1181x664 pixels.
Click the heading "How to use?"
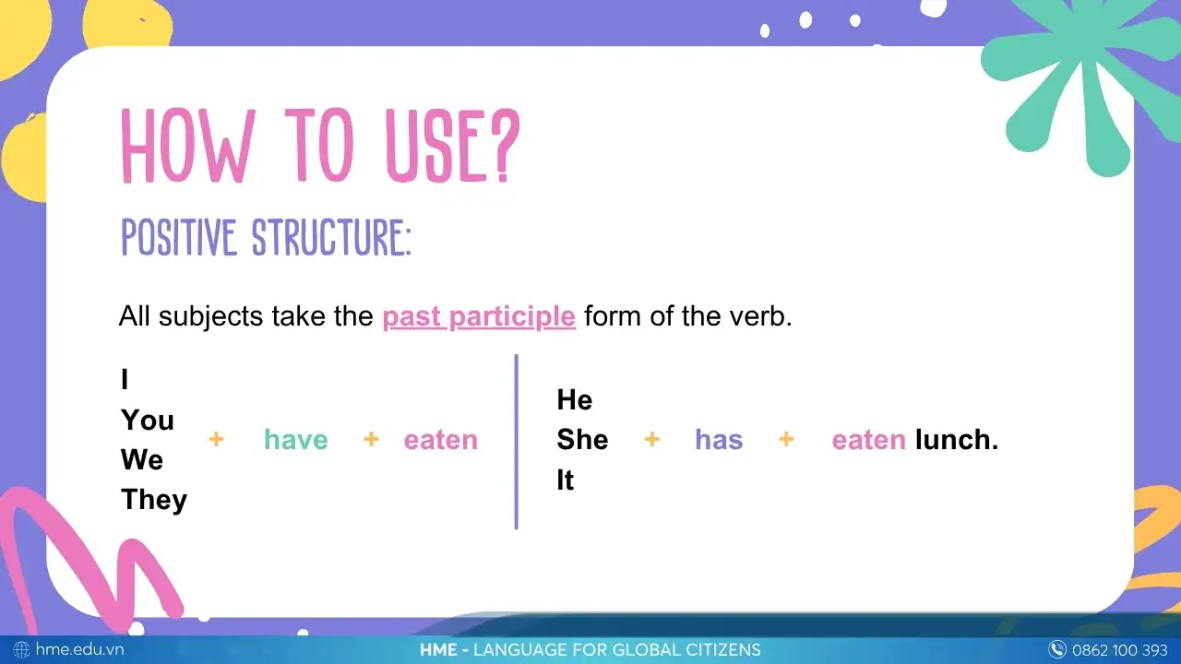(321, 146)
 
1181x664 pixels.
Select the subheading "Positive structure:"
(266, 237)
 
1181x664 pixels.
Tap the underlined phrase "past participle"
(479, 316)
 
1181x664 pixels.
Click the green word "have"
(296, 440)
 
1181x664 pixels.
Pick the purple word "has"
(719, 440)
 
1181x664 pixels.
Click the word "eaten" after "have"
(441, 440)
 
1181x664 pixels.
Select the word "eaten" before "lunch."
(868, 440)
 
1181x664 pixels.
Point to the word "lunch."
(957, 440)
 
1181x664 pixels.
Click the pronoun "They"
(154, 500)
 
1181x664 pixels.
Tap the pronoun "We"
(142, 460)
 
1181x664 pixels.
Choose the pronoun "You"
(148, 421)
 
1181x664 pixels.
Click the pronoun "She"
(582, 440)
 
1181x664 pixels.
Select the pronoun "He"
(575, 400)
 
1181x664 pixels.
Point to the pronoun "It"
(566, 480)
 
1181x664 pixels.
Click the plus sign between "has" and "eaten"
(786, 440)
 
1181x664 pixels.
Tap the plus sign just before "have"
(216, 440)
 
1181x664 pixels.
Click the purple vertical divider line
(517, 442)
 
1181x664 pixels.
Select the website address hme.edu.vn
(79, 650)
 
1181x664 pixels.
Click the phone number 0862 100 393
(1119, 650)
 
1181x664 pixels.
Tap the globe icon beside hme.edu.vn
(21, 650)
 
